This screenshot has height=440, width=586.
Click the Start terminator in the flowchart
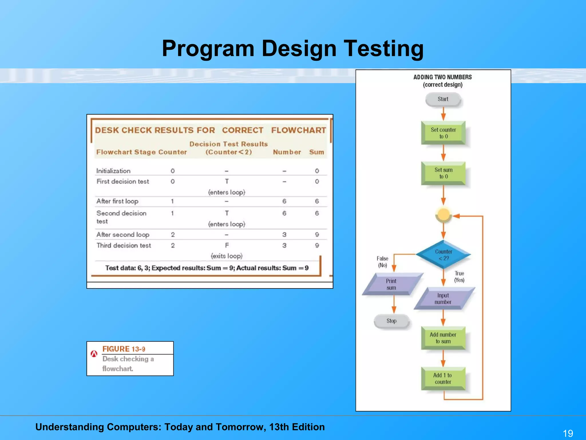443,99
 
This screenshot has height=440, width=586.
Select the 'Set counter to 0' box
443,133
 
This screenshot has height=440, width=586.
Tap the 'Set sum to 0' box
443,173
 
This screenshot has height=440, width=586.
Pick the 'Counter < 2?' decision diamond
444,255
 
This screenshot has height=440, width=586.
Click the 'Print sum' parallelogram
391,284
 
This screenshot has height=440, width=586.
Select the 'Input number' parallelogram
443,298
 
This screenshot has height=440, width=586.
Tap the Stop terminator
391,321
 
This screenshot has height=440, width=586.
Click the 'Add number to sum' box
443,338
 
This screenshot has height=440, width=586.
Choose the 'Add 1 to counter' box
443,378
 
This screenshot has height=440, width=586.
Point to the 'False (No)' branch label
383,262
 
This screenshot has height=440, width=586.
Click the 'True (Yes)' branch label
459,276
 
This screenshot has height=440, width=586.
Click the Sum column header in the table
316,152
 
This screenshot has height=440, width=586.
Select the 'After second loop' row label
123,235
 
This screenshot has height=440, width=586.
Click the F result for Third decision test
227,245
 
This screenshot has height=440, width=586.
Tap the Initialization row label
113,171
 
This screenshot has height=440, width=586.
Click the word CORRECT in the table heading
243,130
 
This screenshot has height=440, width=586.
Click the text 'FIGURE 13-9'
124,349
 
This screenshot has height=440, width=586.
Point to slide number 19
568,433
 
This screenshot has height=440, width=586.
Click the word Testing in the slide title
383,49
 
